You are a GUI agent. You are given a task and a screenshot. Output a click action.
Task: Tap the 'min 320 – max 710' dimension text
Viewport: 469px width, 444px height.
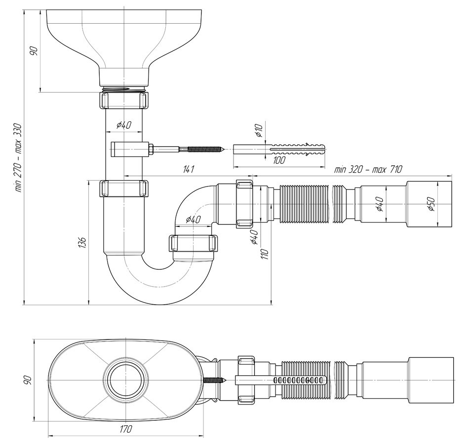(x=368, y=170)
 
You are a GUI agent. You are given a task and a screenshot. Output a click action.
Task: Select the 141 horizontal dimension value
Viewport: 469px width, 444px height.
(x=189, y=170)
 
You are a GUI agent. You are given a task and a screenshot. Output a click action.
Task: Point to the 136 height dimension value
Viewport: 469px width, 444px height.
(x=83, y=243)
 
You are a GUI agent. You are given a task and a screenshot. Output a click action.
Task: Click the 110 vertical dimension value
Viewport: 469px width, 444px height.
(x=265, y=254)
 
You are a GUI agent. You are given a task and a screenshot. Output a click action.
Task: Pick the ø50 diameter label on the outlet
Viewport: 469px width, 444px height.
(x=431, y=204)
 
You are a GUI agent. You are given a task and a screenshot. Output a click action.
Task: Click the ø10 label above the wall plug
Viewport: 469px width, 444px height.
(x=259, y=130)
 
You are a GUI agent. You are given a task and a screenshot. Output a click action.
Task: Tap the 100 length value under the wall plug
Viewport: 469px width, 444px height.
(x=279, y=160)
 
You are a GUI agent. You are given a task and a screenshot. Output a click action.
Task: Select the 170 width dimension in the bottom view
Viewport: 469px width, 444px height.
(x=125, y=429)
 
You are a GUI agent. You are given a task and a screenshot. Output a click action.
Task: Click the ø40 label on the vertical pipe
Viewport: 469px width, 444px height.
(x=123, y=125)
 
